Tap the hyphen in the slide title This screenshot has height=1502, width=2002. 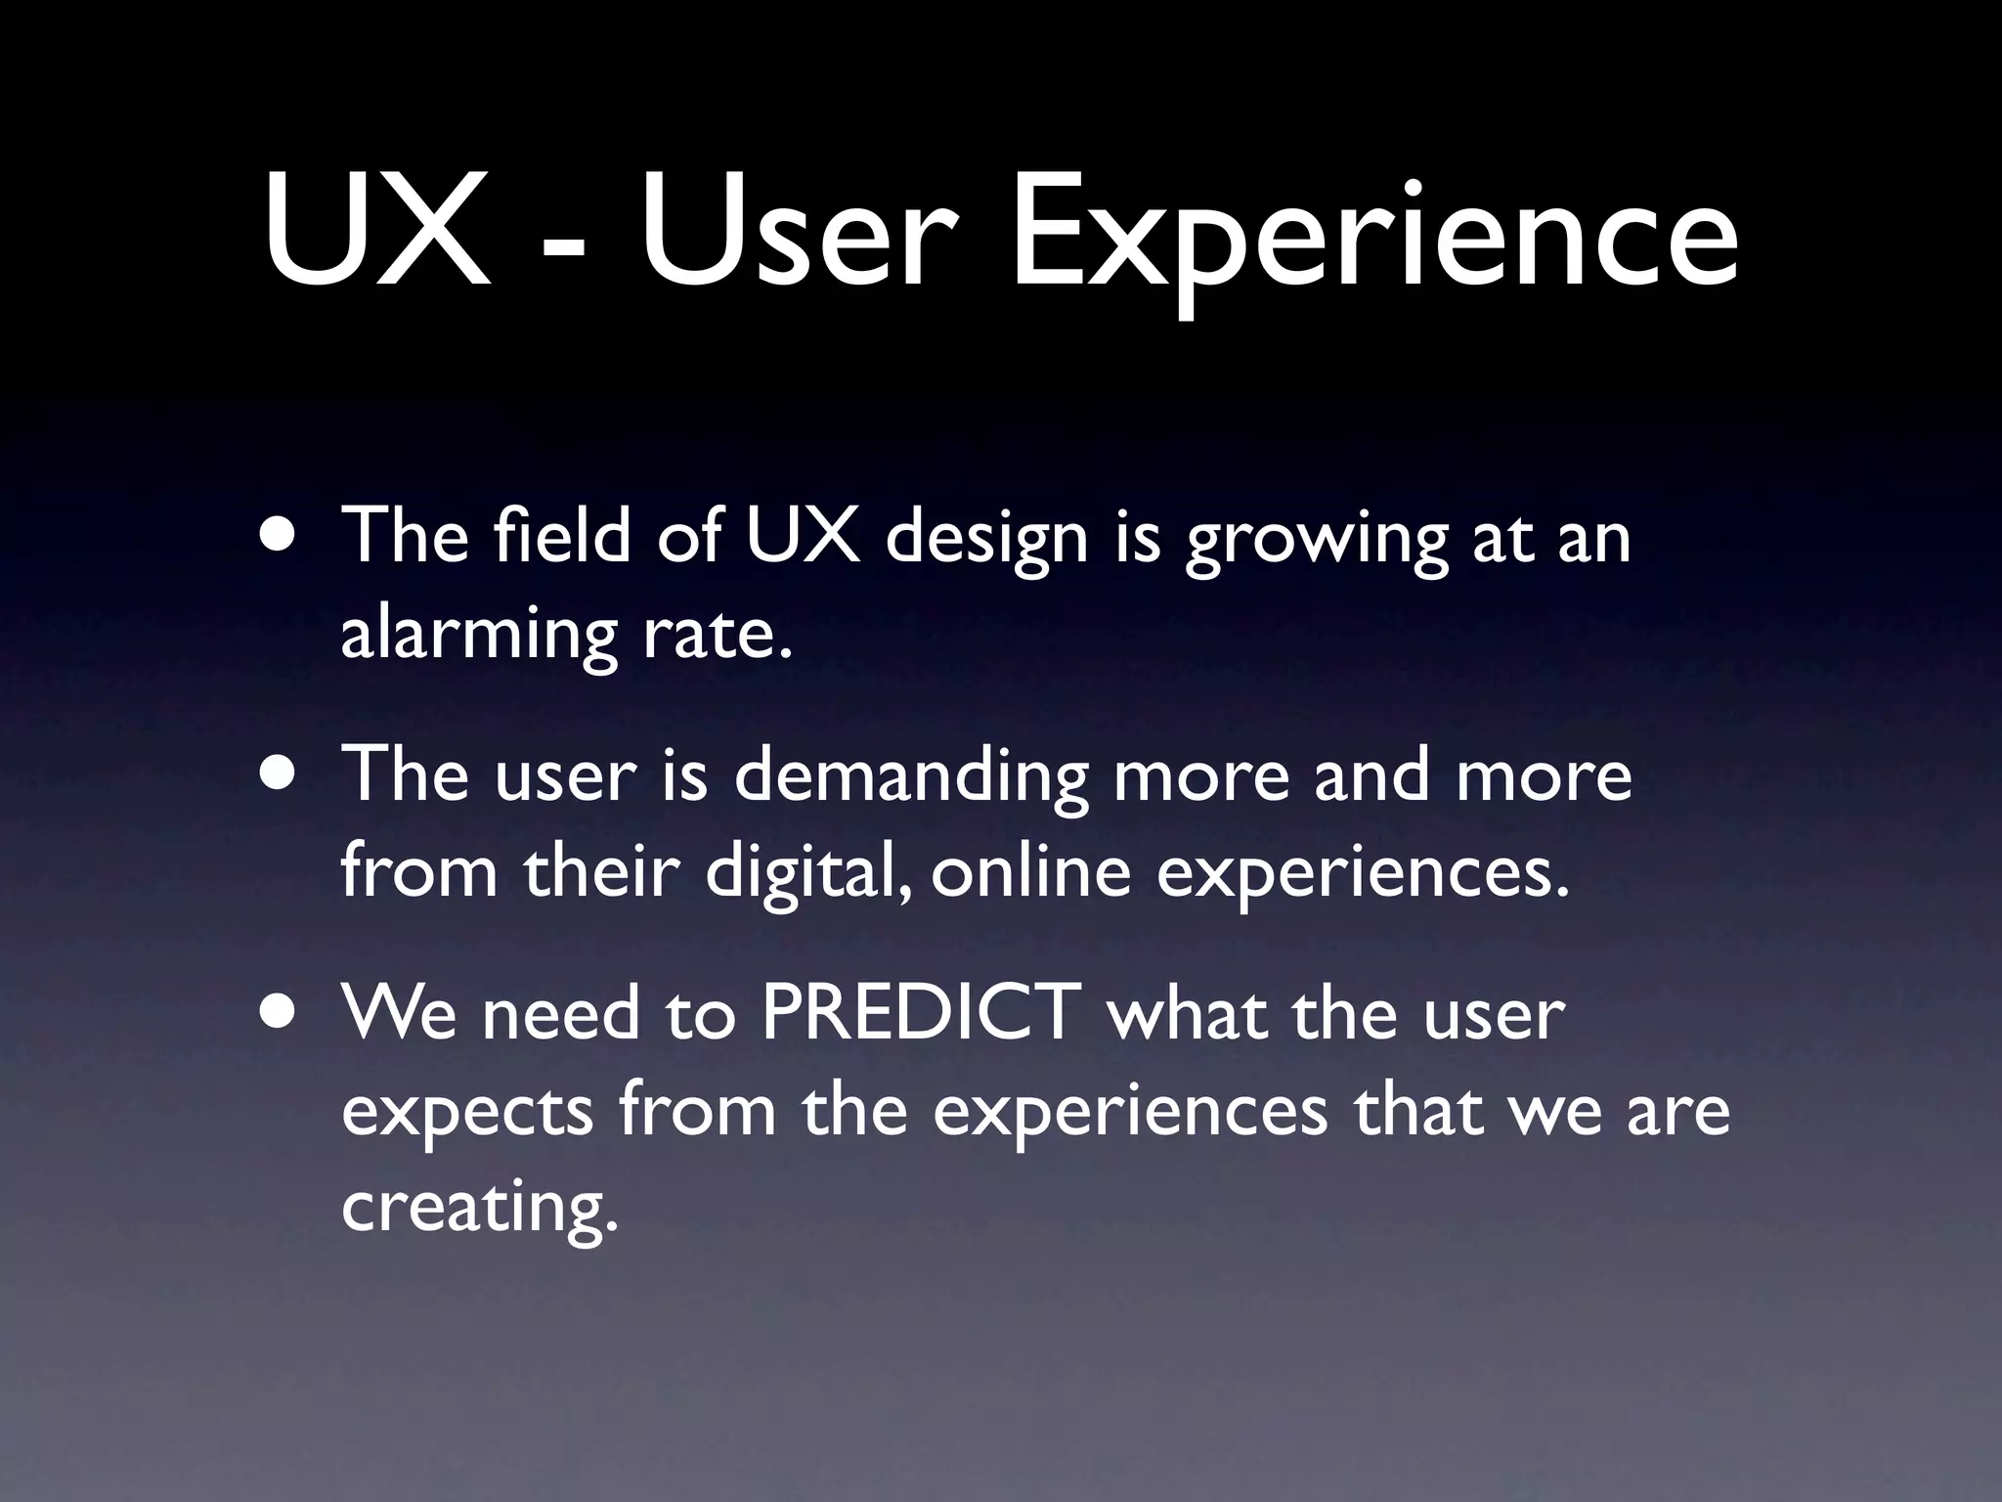click(565, 244)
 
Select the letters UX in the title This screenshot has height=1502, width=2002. click(376, 231)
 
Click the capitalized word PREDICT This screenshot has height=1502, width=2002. click(920, 1012)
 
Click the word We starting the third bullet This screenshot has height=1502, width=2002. click(399, 1012)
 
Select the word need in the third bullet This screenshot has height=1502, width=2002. click(560, 1012)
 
